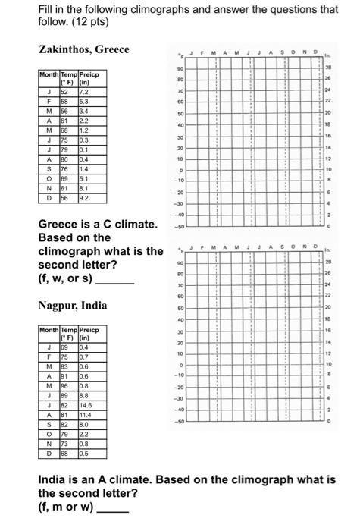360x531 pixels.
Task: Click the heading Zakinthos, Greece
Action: (83, 49)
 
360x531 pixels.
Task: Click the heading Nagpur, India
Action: (73, 306)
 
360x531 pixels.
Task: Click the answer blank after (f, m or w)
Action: (113, 507)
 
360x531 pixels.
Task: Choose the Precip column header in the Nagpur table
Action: (89, 331)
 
